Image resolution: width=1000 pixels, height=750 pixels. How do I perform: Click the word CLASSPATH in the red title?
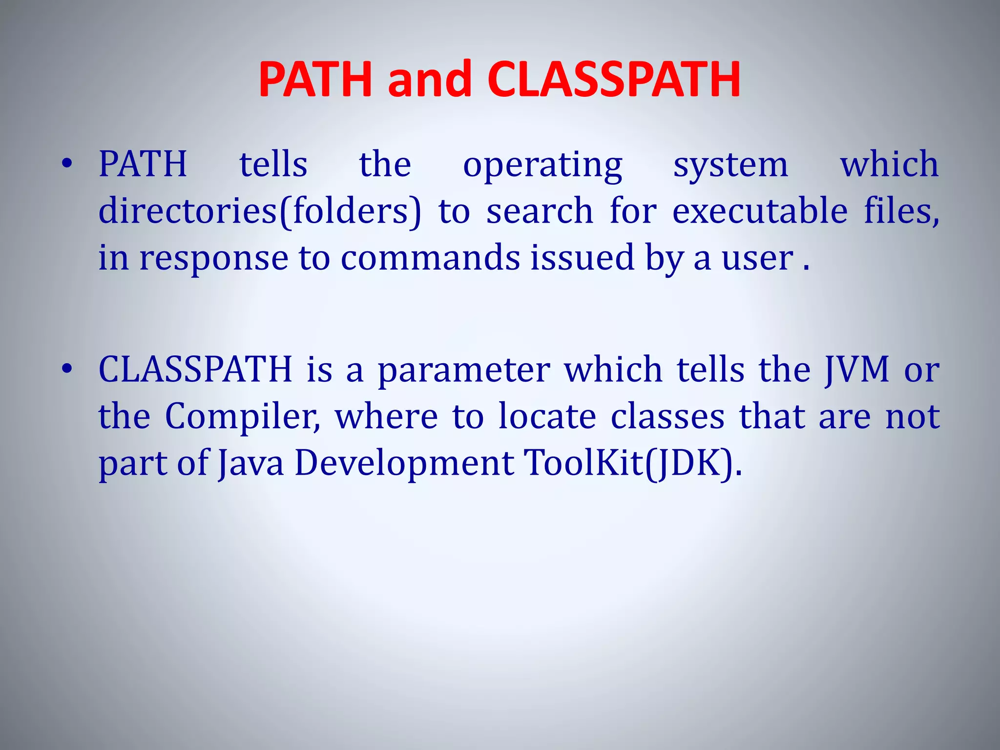point(614,79)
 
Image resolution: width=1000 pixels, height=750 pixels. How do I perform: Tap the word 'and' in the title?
point(430,79)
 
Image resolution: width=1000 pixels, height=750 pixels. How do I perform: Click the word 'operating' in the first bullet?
point(542,165)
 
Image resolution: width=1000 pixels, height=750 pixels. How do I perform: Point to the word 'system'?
point(730,165)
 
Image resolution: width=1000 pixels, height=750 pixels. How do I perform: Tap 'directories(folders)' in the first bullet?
point(259,211)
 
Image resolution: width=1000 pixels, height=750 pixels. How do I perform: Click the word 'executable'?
point(760,211)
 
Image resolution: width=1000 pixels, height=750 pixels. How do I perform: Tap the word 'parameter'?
point(464,370)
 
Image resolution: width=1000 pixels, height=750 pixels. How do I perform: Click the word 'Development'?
point(404,463)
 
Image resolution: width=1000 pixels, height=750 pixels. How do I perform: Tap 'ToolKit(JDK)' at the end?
point(632,463)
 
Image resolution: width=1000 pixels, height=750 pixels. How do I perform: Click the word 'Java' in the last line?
point(250,463)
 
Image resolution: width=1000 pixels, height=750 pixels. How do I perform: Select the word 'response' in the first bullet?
point(214,258)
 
